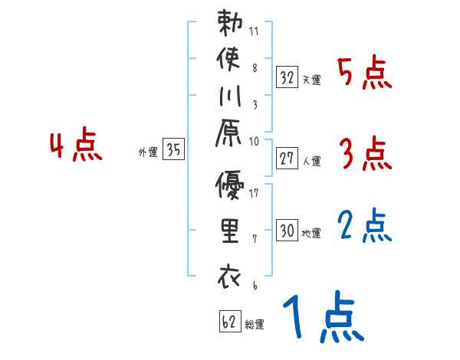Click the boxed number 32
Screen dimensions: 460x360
pyautogui.click(x=287, y=77)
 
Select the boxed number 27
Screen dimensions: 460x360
pyautogui.click(x=287, y=159)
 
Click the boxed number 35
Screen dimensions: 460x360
pyautogui.click(x=174, y=150)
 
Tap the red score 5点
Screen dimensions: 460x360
pyautogui.click(x=365, y=74)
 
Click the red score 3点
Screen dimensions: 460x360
pyautogui.click(x=365, y=155)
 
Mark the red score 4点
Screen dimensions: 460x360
pyautogui.click(x=75, y=147)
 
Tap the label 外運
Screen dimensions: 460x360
pyautogui.click(x=147, y=152)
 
